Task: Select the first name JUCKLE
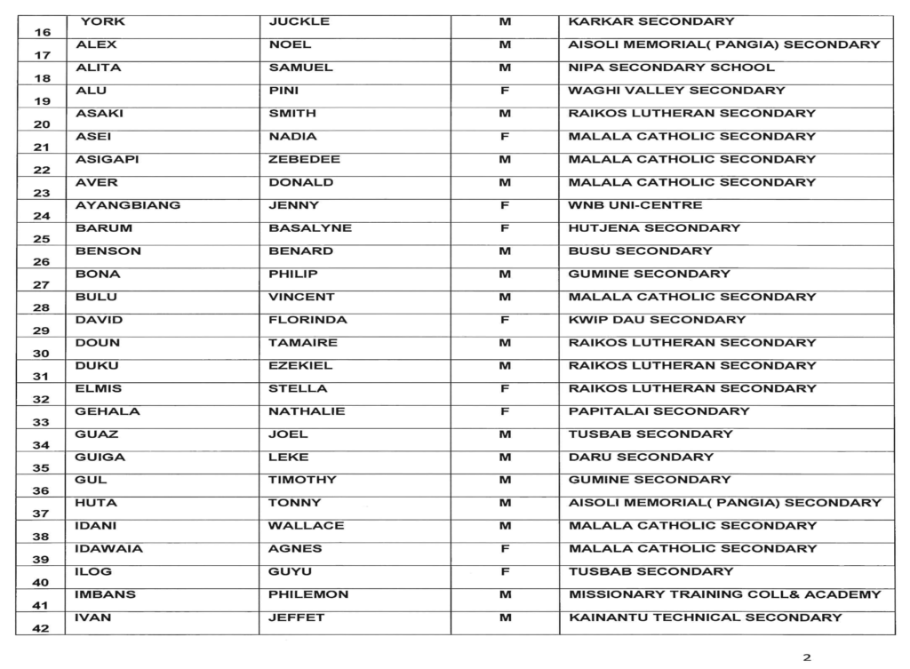(299, 21)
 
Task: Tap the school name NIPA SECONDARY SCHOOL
(671, 68)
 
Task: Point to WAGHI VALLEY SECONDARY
(676, 91)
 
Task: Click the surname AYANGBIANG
(128, 205)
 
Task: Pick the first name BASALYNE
(309, 228)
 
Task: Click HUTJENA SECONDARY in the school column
(654, 228)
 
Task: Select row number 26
(41, 262)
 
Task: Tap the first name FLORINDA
(307, 320)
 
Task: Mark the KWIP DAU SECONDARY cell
(657, 320)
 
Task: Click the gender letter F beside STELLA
(505, 388)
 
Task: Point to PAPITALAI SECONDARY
(659, 411)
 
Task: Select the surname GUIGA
(100, 458)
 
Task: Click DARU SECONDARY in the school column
(641, 458)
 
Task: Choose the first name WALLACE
(306, 526)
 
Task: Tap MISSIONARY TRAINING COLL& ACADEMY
(724, 594)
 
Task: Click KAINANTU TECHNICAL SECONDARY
(705, 617)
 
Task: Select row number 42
(41, 628)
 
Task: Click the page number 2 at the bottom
(807, 657)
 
